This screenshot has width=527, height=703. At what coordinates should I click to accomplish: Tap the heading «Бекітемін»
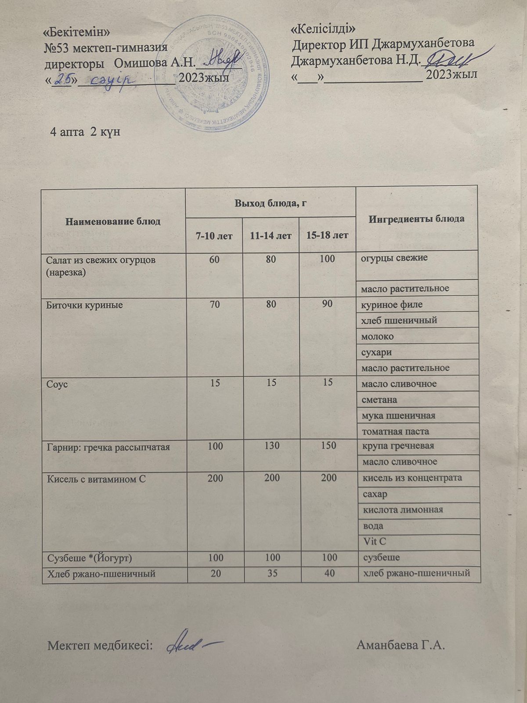click(x=77, y=33)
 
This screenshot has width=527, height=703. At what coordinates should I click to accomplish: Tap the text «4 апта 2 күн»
click(x=86, y=132)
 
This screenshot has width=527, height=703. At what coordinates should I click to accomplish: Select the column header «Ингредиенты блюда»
click(x=416, y=219)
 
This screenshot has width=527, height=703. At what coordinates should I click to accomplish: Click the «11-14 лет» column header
click(x=271, y=236)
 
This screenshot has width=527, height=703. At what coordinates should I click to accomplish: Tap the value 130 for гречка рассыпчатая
click(x=272, y=446)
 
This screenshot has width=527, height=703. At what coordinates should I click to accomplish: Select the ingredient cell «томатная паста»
click(x=395, y=431)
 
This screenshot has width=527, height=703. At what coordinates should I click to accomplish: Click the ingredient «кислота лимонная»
click(x=402, y=510)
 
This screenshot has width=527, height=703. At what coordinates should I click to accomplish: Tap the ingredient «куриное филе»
click(x=392, y=304)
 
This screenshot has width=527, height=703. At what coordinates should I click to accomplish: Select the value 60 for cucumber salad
click(x=215, y=259)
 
